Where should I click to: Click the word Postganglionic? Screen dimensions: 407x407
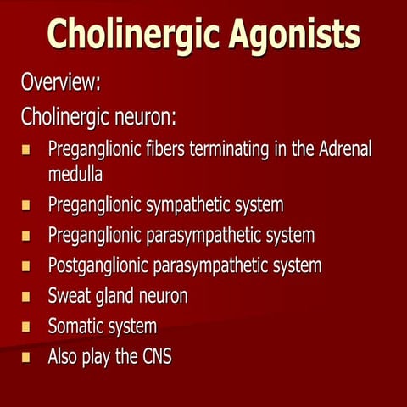tap(98, 265)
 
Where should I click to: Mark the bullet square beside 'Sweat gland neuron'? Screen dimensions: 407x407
tap(26, 297)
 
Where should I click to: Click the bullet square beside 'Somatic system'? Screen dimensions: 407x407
tap(26, 327)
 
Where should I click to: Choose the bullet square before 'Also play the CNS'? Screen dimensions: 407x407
tap(26, 357)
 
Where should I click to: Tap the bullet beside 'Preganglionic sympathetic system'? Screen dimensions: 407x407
tap(26, 205)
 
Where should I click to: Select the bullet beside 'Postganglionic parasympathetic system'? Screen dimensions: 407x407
tap(26, 266)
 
